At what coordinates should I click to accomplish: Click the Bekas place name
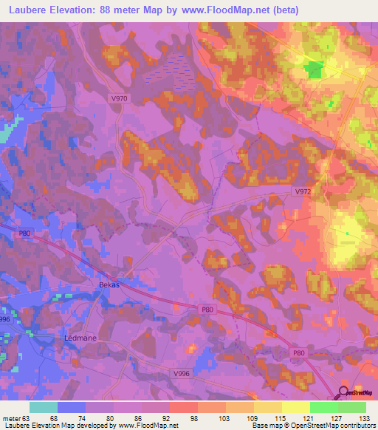coord(109,283)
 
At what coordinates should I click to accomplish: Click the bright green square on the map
coord(315,70)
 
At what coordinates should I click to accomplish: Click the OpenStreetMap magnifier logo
coord(344,393)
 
